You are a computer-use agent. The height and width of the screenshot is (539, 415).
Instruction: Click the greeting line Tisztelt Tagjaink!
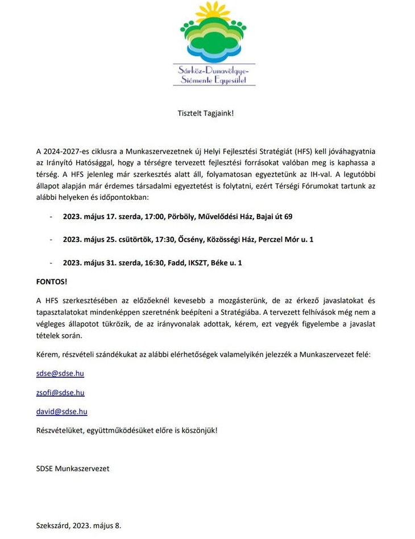point(206,113)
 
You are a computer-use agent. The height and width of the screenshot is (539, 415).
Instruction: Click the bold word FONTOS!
point(52,281)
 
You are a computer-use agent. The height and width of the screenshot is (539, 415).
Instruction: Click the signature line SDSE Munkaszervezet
point(72,468)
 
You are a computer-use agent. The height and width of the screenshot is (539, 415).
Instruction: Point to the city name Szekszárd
point(53,526)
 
